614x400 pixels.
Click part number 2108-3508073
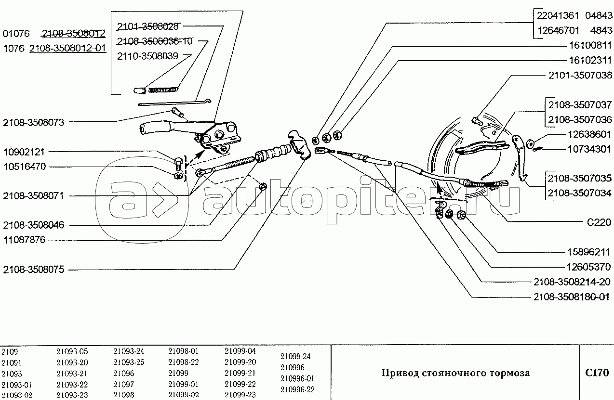[x=33, y=122]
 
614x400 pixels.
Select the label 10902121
[x=24, y=152]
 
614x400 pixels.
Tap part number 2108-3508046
[x=33, y=225]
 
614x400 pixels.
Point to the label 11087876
[x=24, y=240]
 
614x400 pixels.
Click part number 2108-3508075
[x=33, y=270]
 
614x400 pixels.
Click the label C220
[x=598, y=223]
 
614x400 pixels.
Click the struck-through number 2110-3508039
[x=147, y=56]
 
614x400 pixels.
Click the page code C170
[x=597, y=373]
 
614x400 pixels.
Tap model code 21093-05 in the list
[x=72, y=351]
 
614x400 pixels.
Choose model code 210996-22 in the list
[x=297, y=389]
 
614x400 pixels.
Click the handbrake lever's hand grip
[x=153, y=129]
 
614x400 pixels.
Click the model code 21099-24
[x=295, y=357]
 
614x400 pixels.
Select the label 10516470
[x=24, y=167]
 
